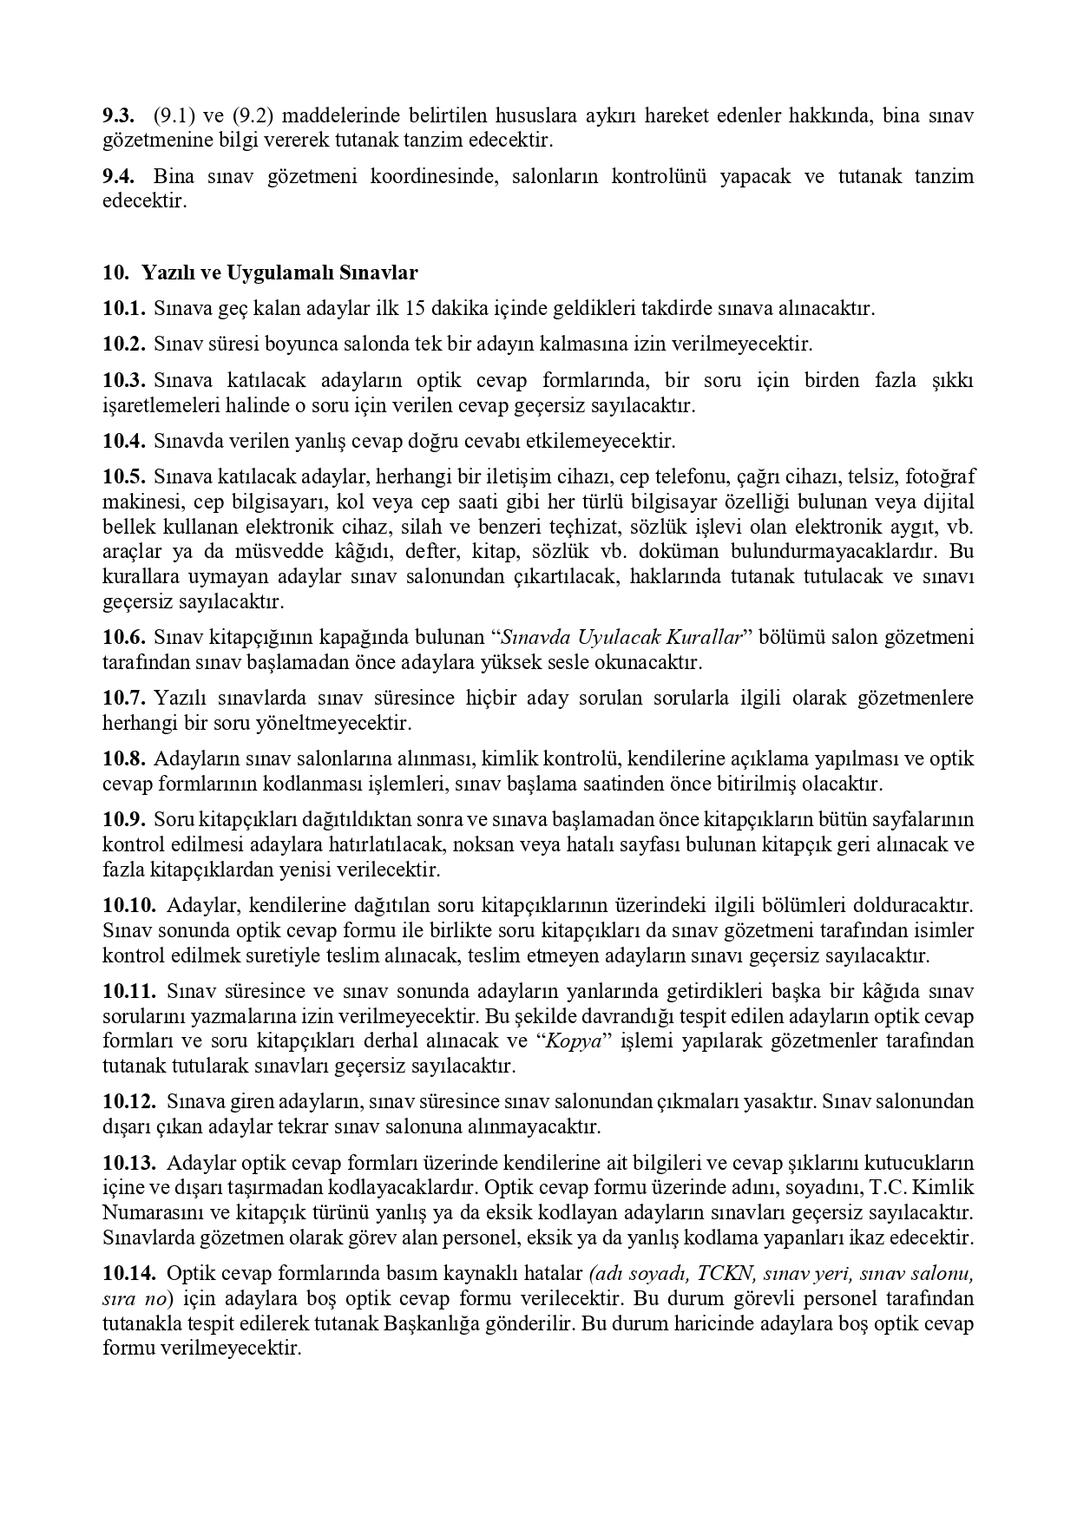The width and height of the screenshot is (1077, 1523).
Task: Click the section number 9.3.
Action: pos(118,115)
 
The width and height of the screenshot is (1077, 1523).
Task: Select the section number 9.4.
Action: pos(118,177)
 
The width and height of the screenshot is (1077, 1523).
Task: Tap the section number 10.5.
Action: pos(123,476)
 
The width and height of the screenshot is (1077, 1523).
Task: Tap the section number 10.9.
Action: pos(123,819)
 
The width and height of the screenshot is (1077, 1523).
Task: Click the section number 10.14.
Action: pos(129,1274)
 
